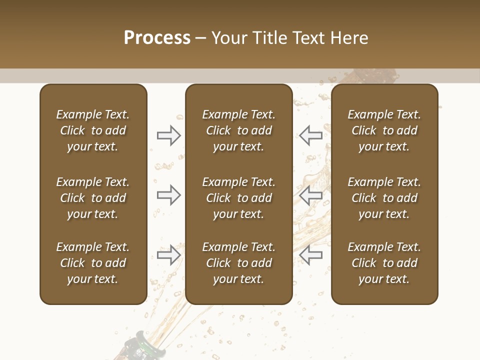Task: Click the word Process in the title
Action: [157, 38]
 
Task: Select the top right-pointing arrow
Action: [169, 135]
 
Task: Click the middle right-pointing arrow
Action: [169, 195]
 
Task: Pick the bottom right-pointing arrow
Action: [169, 255]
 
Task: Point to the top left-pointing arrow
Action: [311, 135]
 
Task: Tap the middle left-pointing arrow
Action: [311, 195]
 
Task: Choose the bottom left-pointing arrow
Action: [311, 255]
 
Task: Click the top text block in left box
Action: [93, 130]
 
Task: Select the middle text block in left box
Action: [93, 198]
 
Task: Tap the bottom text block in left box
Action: [93, 263]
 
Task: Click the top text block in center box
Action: [239, 130]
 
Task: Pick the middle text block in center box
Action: [239, 198]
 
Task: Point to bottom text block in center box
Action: [239, 263]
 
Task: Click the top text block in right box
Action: [384, 130]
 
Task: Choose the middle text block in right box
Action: [384, 198]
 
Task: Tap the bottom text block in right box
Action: [384, 263]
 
